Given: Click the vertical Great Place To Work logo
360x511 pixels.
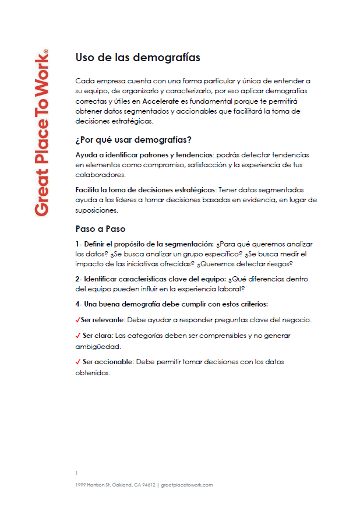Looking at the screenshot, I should [x=41, y=133].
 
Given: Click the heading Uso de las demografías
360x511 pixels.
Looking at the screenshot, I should [x=138, y=58].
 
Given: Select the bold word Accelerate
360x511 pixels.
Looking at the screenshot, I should [x=160, y=101].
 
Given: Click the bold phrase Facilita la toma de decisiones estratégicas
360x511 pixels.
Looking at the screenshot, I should [x=146, y=190].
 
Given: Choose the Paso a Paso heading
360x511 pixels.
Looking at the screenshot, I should [x=100, y=228].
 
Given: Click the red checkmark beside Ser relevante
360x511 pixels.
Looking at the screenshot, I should [x=78, y=320].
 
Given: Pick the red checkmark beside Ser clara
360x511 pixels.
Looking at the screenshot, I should [x=78, y=336].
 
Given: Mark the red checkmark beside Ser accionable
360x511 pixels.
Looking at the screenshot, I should [x=78, y=362].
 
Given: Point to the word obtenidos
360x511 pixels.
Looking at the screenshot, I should [x=92, y=373].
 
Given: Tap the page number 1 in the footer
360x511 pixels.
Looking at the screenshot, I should [x=76, y=473].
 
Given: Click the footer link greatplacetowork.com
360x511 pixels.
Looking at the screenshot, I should [x=186, y=485].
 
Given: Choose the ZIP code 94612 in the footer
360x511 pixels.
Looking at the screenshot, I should [x=147, y=485].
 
